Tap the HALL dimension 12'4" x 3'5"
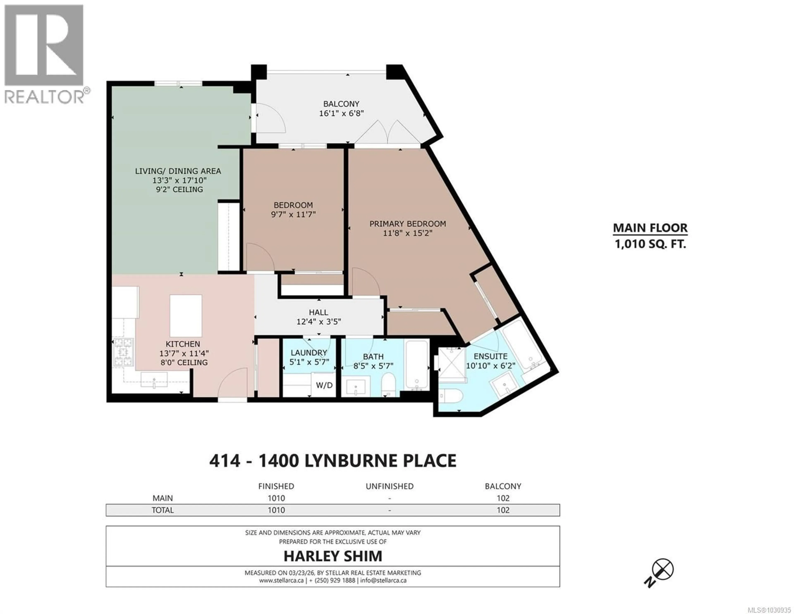[318, 322]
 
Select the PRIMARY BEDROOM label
[408, 224]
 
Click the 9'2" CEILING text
[179, 189]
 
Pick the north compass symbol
[662, 569]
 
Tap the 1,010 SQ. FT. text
[650, 244]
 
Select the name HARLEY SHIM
[333, 556]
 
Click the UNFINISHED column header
[389, 486]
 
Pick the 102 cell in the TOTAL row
[503, 510]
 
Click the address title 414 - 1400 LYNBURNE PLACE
[333, 461]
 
